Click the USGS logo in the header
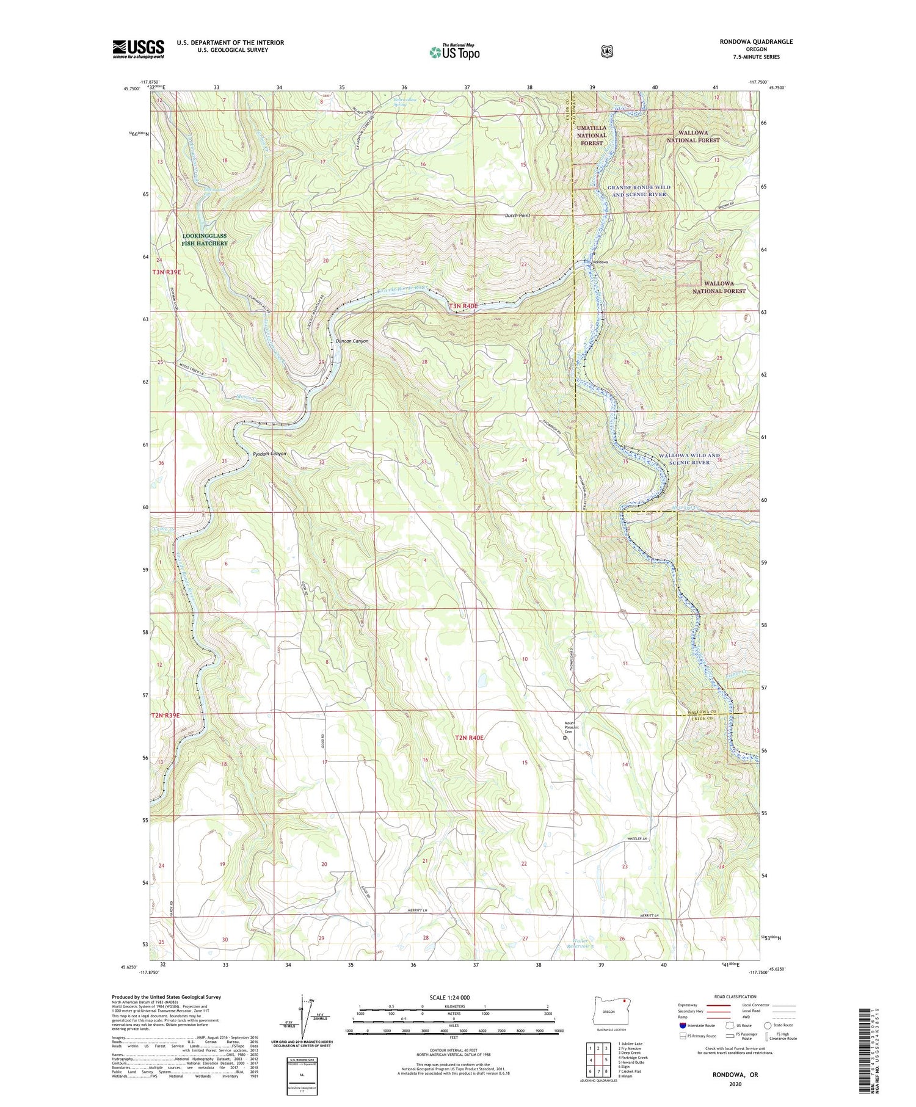[x=139, y=49]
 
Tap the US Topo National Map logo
[x=454, y=52]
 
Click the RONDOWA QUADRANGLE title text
[x=757, y=42]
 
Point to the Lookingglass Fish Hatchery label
[x=205, y=239]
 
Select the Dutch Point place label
[x=517, y=216]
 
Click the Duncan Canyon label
[x=352, y=341]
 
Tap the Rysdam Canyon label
[x=269, y=454]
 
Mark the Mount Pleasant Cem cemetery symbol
[x=565, y=738]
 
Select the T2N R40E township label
[x=469, y=738]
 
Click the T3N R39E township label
[x=166, y=272]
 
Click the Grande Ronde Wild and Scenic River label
[x=639, y=191]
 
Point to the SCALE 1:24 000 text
[x=449, y=997]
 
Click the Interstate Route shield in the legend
[x=683, y=1025]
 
